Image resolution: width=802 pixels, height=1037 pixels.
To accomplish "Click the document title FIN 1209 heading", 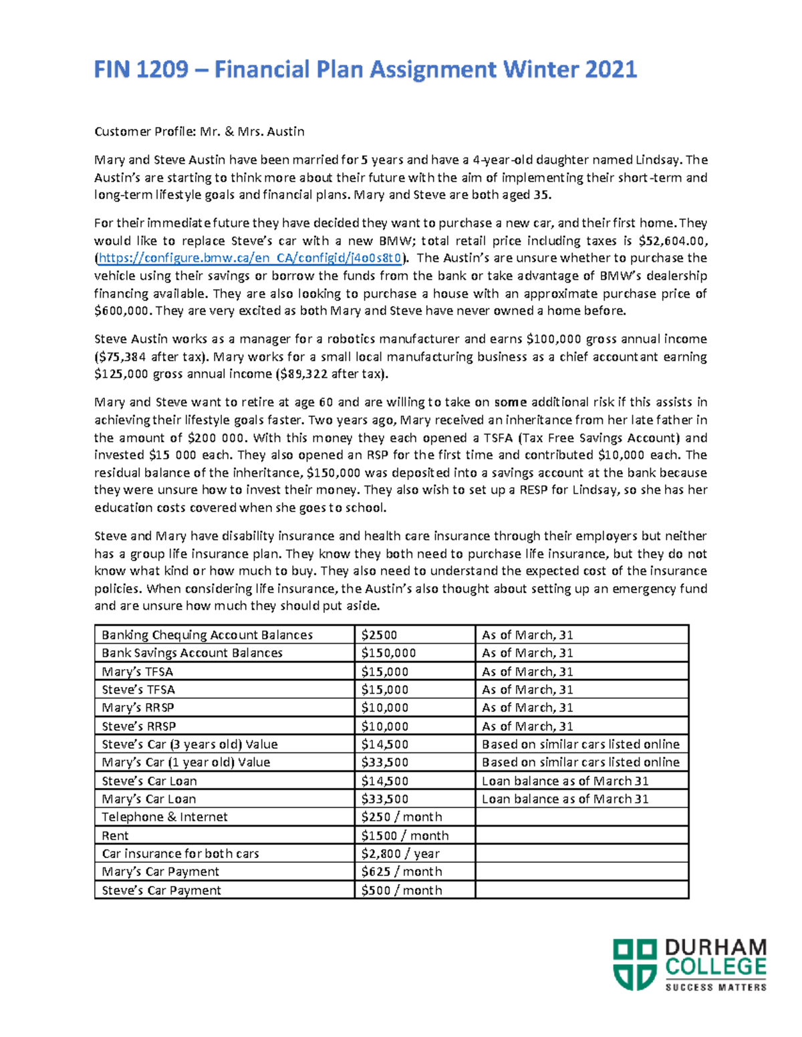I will click(x=365, y=69).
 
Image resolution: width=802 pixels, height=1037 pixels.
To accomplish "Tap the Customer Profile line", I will click(x=199, y=132).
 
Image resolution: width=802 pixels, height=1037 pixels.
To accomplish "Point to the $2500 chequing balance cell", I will click(x=380, y=635).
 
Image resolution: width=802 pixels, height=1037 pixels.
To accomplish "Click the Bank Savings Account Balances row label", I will click(x=192, y=653).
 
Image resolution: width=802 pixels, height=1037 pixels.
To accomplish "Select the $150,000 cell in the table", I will click(x=388, y=653).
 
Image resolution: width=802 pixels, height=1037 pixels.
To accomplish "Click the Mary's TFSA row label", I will click(x=137, y=672).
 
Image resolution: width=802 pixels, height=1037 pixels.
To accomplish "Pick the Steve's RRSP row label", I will click(x=138, y=727).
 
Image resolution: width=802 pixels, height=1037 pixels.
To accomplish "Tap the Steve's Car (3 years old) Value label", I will click(x=189, y=745).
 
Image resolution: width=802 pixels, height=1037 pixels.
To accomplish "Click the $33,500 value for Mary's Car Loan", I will click(x=384, y=799).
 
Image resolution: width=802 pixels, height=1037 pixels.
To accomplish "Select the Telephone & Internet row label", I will click(x=164, y=817).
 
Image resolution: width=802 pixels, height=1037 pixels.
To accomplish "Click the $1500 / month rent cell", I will click(x=404, y=836).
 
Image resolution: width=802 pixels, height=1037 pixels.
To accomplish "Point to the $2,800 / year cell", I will click(x=400, y=854).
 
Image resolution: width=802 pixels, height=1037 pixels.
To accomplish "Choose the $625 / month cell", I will click(x=401, y=872).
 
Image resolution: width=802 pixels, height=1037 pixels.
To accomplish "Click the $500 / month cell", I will click(x=401, y=891).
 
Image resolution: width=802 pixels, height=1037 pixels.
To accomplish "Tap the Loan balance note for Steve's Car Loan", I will click(x=565, y=781).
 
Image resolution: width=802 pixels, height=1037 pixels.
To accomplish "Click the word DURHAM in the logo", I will click(x=715, y=948).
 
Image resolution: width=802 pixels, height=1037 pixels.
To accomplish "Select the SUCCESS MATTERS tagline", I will click(x=715, y=987).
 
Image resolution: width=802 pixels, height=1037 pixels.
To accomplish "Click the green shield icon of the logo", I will click(x=635, y=964).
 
